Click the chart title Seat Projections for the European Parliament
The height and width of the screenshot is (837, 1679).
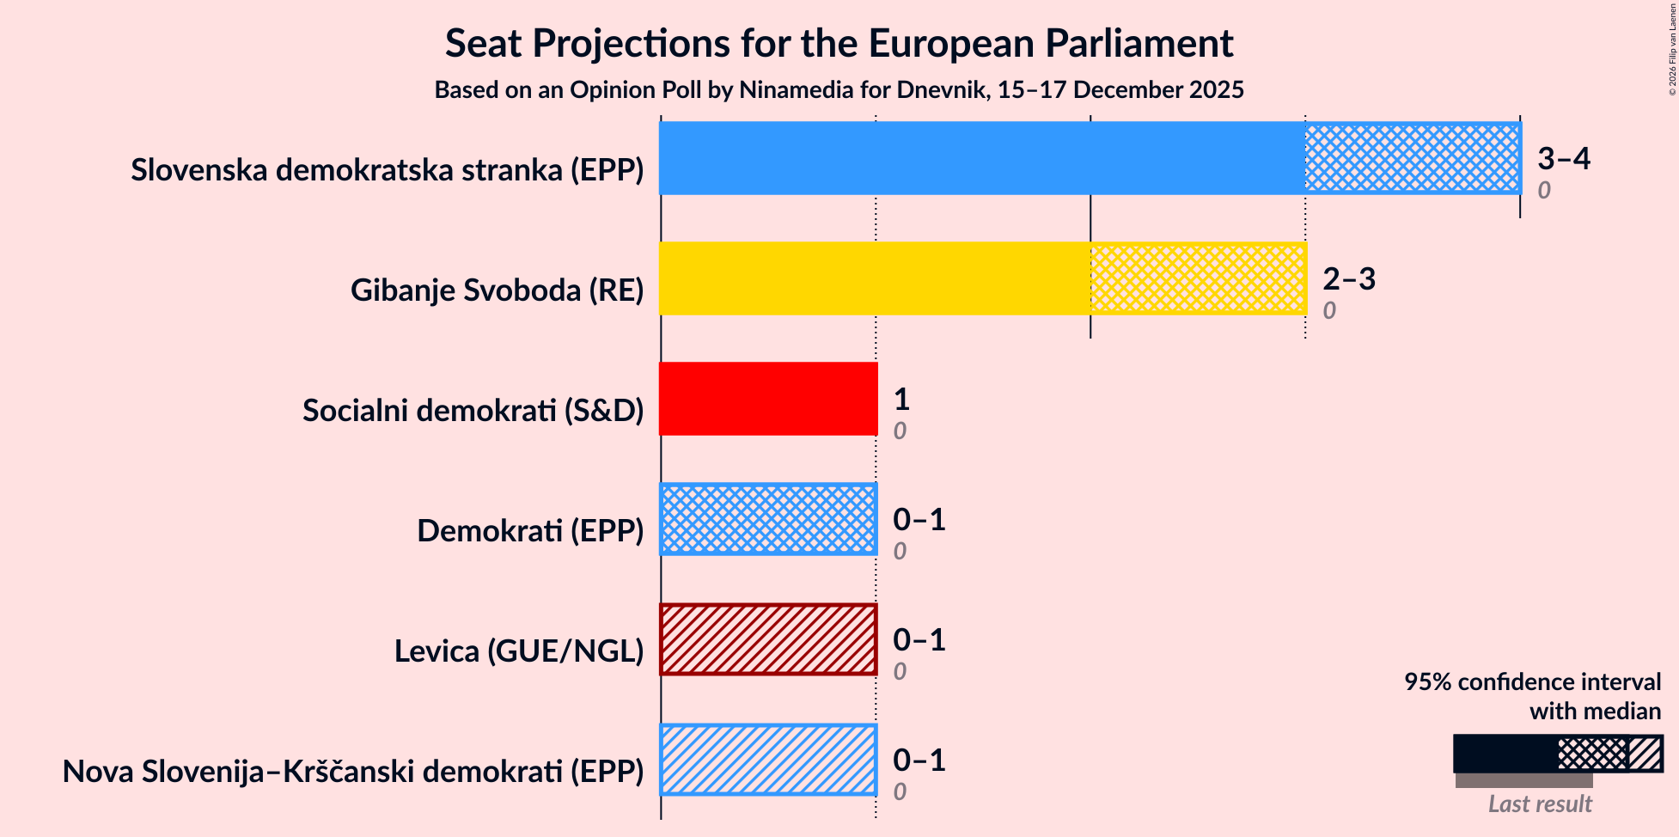pyautogui.click(x=839, y=44)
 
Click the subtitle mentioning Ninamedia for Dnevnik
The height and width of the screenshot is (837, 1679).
pyautogui.click(x=839, y=90)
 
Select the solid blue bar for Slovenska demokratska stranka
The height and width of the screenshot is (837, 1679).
pyautogui.click(x=981, y=158)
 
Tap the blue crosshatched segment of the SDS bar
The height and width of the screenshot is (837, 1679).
pyautogui.click(x=1412, y=158)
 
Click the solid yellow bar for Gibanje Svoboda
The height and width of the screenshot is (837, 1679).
pyautogui.click(x=874, y=278)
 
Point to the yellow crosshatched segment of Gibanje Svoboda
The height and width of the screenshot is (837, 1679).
pyautogui.click(x=1197, y=278)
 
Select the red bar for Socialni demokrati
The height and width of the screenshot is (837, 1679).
pyautogui.click(x=768, y=399)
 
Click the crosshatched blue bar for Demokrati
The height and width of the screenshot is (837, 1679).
pyautogui.click(x=768, y=519)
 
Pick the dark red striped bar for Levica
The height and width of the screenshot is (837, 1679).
pyautogui.click(x=768, y=639)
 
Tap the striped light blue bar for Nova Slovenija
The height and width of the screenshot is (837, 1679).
pyautogui.click(x=768, y=760)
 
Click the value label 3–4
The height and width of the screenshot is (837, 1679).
pyautogui.click(x=1563, y=158)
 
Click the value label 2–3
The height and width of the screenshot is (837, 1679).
pyautogui.click(x=1348, y=278)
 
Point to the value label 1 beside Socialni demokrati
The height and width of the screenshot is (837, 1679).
pyautogui.click(x=901, y=399)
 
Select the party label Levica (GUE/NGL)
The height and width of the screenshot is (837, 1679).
pyautogui.click(x=519, y=651)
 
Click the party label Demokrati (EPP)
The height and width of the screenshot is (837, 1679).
pyautogui.click(x=530, y=531)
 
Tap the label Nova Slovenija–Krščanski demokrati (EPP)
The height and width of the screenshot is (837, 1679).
pyautogui.click(x=353, y=772)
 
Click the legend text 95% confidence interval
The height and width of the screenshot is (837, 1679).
pyautogui.click(x=1532, y=682)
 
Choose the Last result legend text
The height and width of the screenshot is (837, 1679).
pyautogui.click(x=1539, y=804)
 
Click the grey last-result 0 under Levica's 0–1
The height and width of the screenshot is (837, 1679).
pyautogui.click(x=899, y=671)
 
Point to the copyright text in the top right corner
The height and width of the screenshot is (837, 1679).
pyautogui.click(x=1672, y=49)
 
